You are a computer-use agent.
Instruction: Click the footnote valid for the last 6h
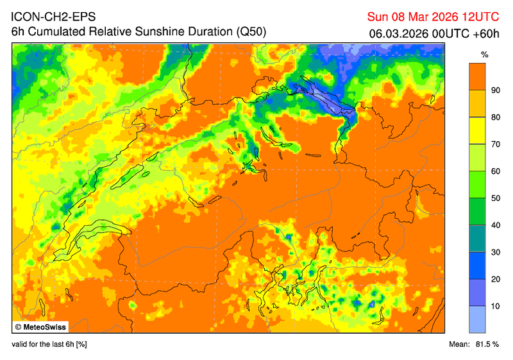49,345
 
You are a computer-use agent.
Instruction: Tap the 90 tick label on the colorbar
494,90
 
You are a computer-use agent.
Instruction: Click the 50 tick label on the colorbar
494,198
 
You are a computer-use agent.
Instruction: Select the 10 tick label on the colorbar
494,306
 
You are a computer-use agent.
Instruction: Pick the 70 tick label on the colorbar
494,144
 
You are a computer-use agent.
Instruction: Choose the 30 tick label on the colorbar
494,252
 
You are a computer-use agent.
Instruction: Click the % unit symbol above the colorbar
485,55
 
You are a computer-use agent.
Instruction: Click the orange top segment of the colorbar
476,76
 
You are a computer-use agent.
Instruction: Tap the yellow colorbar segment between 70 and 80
476,131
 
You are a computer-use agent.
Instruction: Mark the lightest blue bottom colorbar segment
476,319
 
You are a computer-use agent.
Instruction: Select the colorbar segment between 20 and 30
476,266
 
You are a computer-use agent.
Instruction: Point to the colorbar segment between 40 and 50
476,212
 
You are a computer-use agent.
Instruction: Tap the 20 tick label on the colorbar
494,279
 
